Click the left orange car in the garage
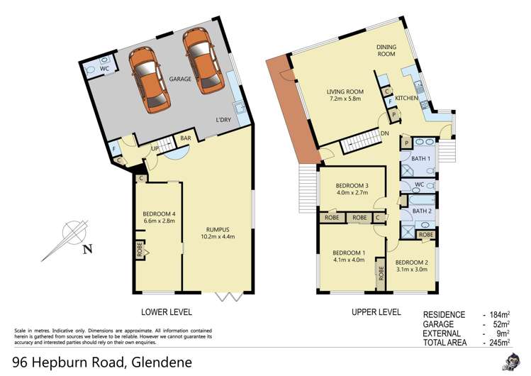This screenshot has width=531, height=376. tap(150, 79)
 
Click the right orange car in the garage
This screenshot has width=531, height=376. tap(203, 61)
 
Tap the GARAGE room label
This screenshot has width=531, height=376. tap(180, 79)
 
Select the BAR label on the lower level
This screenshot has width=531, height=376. tap(186, 138)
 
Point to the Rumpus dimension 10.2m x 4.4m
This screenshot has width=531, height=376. tap(218, 236)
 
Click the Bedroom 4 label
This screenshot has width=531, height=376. tap(159, 214)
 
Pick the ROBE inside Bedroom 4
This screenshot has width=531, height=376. tap(139, 250)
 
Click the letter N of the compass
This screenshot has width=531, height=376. tap(88, 250)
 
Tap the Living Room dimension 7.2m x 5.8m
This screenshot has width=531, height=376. tap(345, 99)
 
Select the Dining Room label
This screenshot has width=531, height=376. tap(386, 50)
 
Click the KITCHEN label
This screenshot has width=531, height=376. tap(407, 98)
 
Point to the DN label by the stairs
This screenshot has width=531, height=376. tap(385, 133)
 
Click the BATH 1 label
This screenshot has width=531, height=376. tap(420, 158)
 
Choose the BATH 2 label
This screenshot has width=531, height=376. tap(422, 211)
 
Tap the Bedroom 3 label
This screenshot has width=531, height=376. tap(352, 186)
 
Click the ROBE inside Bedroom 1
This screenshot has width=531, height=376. tap(381, 273)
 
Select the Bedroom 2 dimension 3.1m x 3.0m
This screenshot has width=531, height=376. tap(411, 270)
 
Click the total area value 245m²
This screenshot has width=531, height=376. tap(500, 343)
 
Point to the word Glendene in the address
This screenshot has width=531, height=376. tap(162, 363)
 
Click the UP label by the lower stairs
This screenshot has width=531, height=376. tap(155, 149)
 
